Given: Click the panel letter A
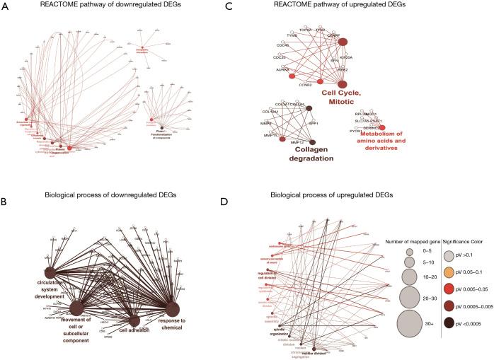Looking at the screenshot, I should click(6, 7).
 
